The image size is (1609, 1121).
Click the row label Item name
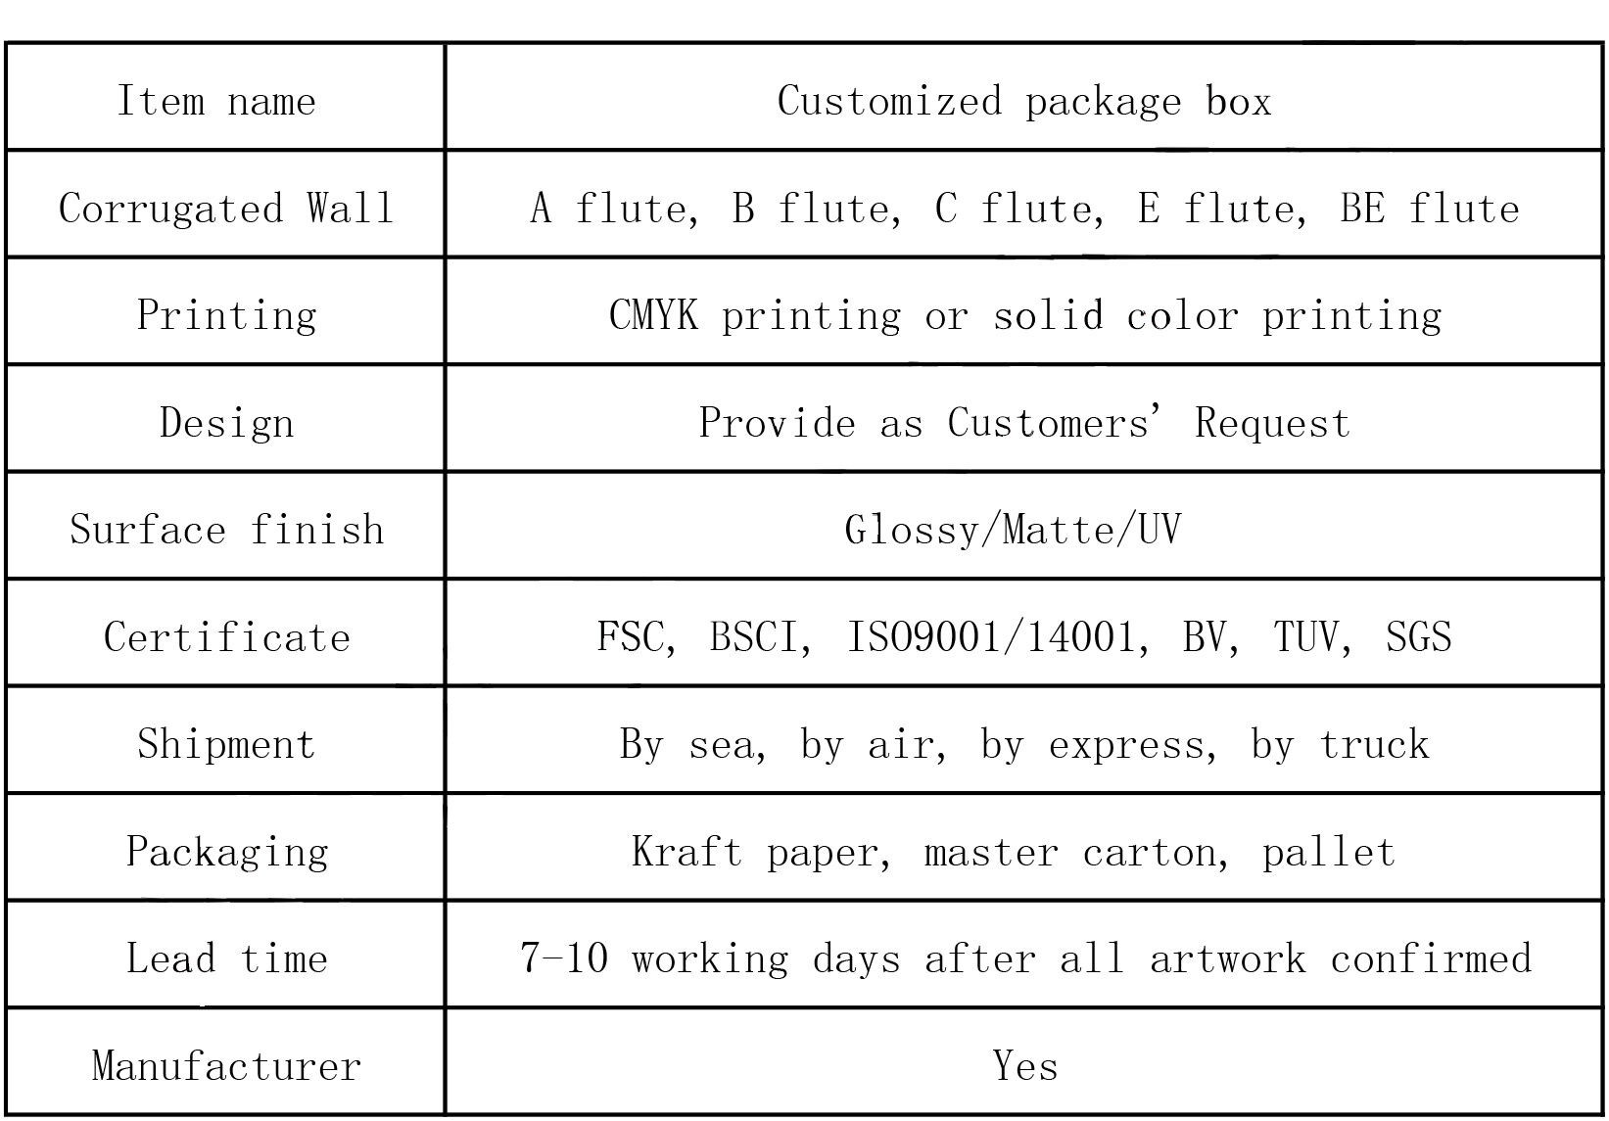216,101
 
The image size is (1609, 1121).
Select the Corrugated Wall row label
226,209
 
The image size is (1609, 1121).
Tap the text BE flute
1429,209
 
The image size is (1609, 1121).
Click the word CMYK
653,315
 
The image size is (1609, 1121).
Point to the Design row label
226,423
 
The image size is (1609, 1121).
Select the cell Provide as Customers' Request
1023,423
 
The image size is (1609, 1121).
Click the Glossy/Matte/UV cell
1013,530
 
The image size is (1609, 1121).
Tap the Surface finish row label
226,530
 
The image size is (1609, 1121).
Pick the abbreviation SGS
1418,637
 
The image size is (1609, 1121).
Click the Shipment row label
226,744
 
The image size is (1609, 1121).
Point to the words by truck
1340,744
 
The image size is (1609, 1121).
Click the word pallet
1327,852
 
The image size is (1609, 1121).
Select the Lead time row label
226,958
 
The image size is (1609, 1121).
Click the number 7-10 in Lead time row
563,958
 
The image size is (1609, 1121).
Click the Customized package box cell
1023,101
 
